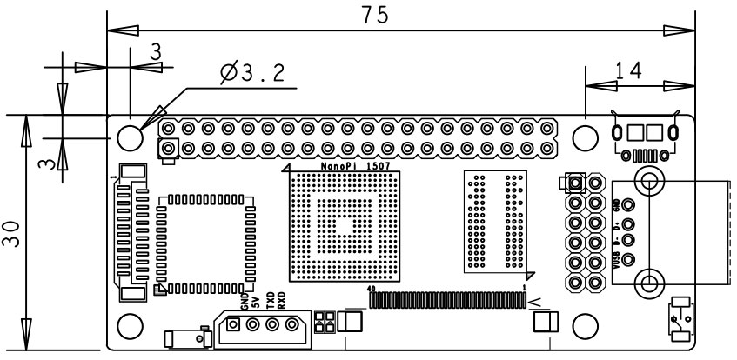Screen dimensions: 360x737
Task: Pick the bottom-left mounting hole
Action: (x=130, y=326)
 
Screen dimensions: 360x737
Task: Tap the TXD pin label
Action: (x=271, y=301)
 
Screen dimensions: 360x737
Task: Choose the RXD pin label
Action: (x=282, y=301)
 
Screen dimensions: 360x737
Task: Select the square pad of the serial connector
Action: (x=234, y=326)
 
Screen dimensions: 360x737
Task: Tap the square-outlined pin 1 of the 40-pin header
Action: (x=168, y=150)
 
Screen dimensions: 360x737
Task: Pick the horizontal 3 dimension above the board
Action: (x=155, y=53)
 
